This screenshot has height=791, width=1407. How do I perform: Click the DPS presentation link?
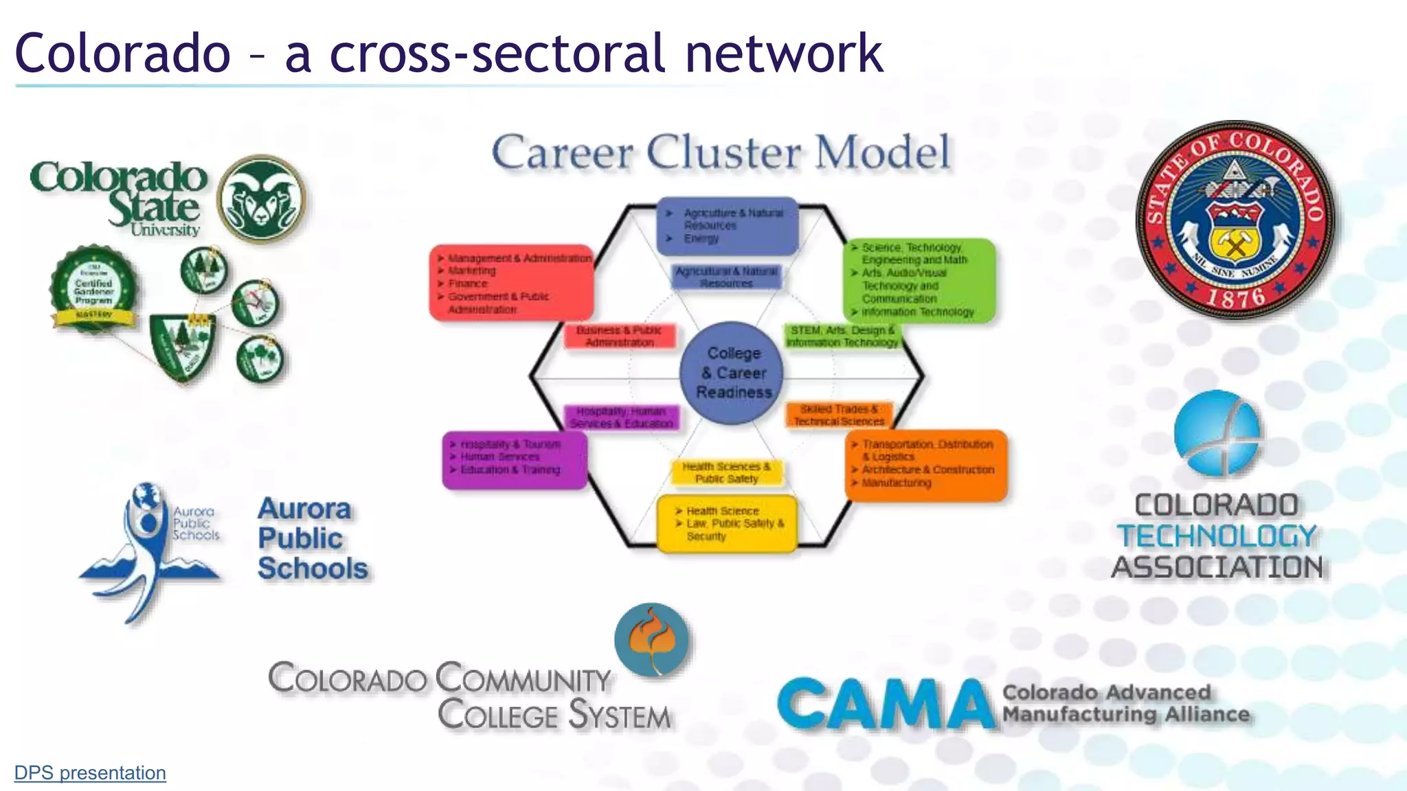90,773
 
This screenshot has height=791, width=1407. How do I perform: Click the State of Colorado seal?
1235,220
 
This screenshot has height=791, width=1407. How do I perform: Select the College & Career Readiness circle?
732,373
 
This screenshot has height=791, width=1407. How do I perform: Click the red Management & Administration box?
512,283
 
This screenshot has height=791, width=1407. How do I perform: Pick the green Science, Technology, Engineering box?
919,280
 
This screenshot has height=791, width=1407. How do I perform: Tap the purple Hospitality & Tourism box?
515,459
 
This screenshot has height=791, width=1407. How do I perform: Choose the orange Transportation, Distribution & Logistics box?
925,464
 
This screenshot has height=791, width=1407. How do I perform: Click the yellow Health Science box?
727,524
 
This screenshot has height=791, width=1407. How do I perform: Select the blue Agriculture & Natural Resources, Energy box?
728,226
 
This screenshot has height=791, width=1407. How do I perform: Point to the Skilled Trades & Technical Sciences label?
839,415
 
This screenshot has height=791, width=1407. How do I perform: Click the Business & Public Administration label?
620,336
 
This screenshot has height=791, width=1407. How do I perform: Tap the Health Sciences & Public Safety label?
726,473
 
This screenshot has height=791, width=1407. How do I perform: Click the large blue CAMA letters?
886,704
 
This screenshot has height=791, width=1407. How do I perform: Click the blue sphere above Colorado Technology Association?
1217,434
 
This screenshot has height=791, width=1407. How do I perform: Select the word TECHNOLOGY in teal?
1217,536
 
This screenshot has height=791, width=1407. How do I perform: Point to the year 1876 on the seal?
1237,297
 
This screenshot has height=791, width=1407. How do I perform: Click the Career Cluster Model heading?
721,152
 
